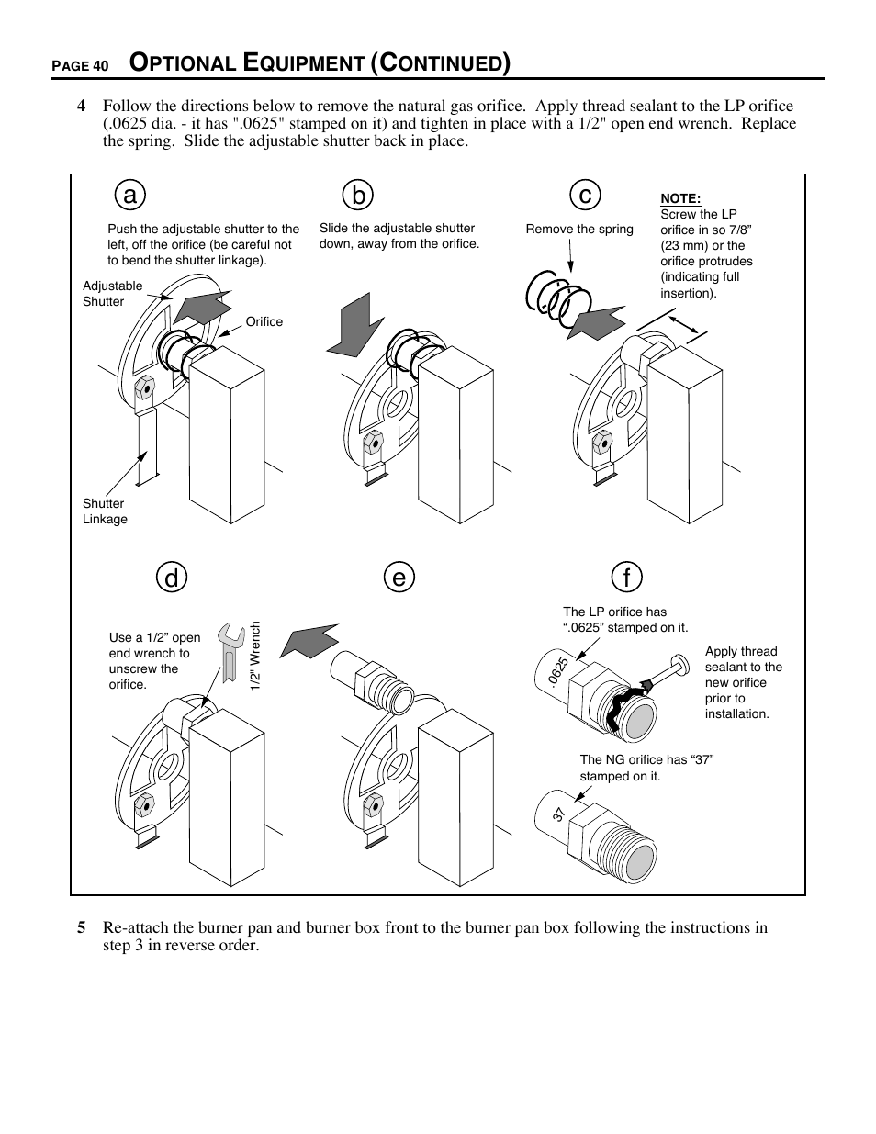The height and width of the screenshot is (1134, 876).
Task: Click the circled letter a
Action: coord(130,196)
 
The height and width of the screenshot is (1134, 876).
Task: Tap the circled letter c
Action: coord(584,196)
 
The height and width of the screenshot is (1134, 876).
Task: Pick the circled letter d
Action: coord(172,578)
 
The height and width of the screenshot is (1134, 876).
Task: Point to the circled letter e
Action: coord(399,578)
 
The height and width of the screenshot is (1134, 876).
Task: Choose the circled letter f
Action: coord(626,578)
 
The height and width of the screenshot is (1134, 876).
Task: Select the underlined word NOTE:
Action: coord(680,198)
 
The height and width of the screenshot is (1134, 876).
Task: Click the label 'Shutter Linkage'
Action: coord(105,511)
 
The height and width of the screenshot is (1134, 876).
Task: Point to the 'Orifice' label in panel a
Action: coord(264,321)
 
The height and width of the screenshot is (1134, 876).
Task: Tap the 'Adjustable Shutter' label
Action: coord(112,294)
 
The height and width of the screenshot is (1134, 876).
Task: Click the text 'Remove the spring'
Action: coord(578,229)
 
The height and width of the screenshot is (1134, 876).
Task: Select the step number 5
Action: coord(82,927)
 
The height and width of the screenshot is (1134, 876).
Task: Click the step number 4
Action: coord(82,106)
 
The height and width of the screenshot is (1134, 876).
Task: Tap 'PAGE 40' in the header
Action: coord(80,66)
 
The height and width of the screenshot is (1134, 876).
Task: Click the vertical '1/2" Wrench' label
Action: coord(256,657)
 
